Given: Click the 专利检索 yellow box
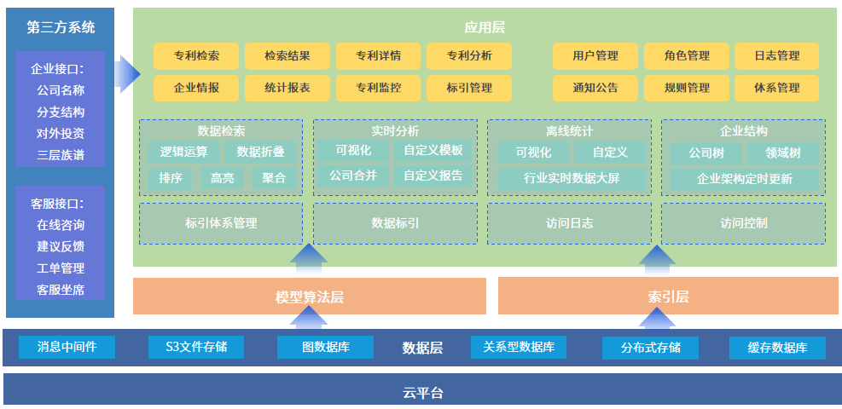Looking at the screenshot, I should click(196, 56).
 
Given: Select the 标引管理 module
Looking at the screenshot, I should click(469, 88).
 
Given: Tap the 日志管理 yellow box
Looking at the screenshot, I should click(776, 56).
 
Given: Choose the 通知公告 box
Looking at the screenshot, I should click(595, 88).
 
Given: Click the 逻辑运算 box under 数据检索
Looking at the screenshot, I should click(183, 152).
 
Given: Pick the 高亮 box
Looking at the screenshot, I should click(222, 178).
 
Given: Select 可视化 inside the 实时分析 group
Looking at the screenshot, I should click(353, 151).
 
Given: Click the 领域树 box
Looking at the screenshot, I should click(782, 153).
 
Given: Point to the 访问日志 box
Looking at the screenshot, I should click(569, 223).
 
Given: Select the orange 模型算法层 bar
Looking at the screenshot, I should click(309, 297).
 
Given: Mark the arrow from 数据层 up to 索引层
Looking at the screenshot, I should click(657, 318).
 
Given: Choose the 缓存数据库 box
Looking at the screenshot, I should click(777, 348).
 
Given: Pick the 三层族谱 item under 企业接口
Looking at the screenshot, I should click(61, 156).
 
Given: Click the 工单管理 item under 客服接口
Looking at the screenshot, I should click(61, 268).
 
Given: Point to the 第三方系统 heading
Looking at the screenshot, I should click(61, 27).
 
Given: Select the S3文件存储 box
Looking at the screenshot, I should click(195, 347).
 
